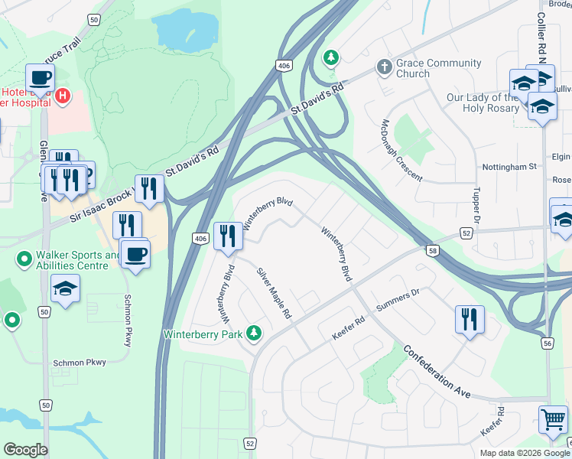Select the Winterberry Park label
(203, 334)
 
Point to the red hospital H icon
(63, 97)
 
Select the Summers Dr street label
(399, 301)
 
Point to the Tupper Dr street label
(476, 204)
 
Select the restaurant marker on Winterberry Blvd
(227, 236)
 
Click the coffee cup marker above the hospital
(40, 77)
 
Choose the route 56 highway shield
(547, 344)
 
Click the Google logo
(26, 450)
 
